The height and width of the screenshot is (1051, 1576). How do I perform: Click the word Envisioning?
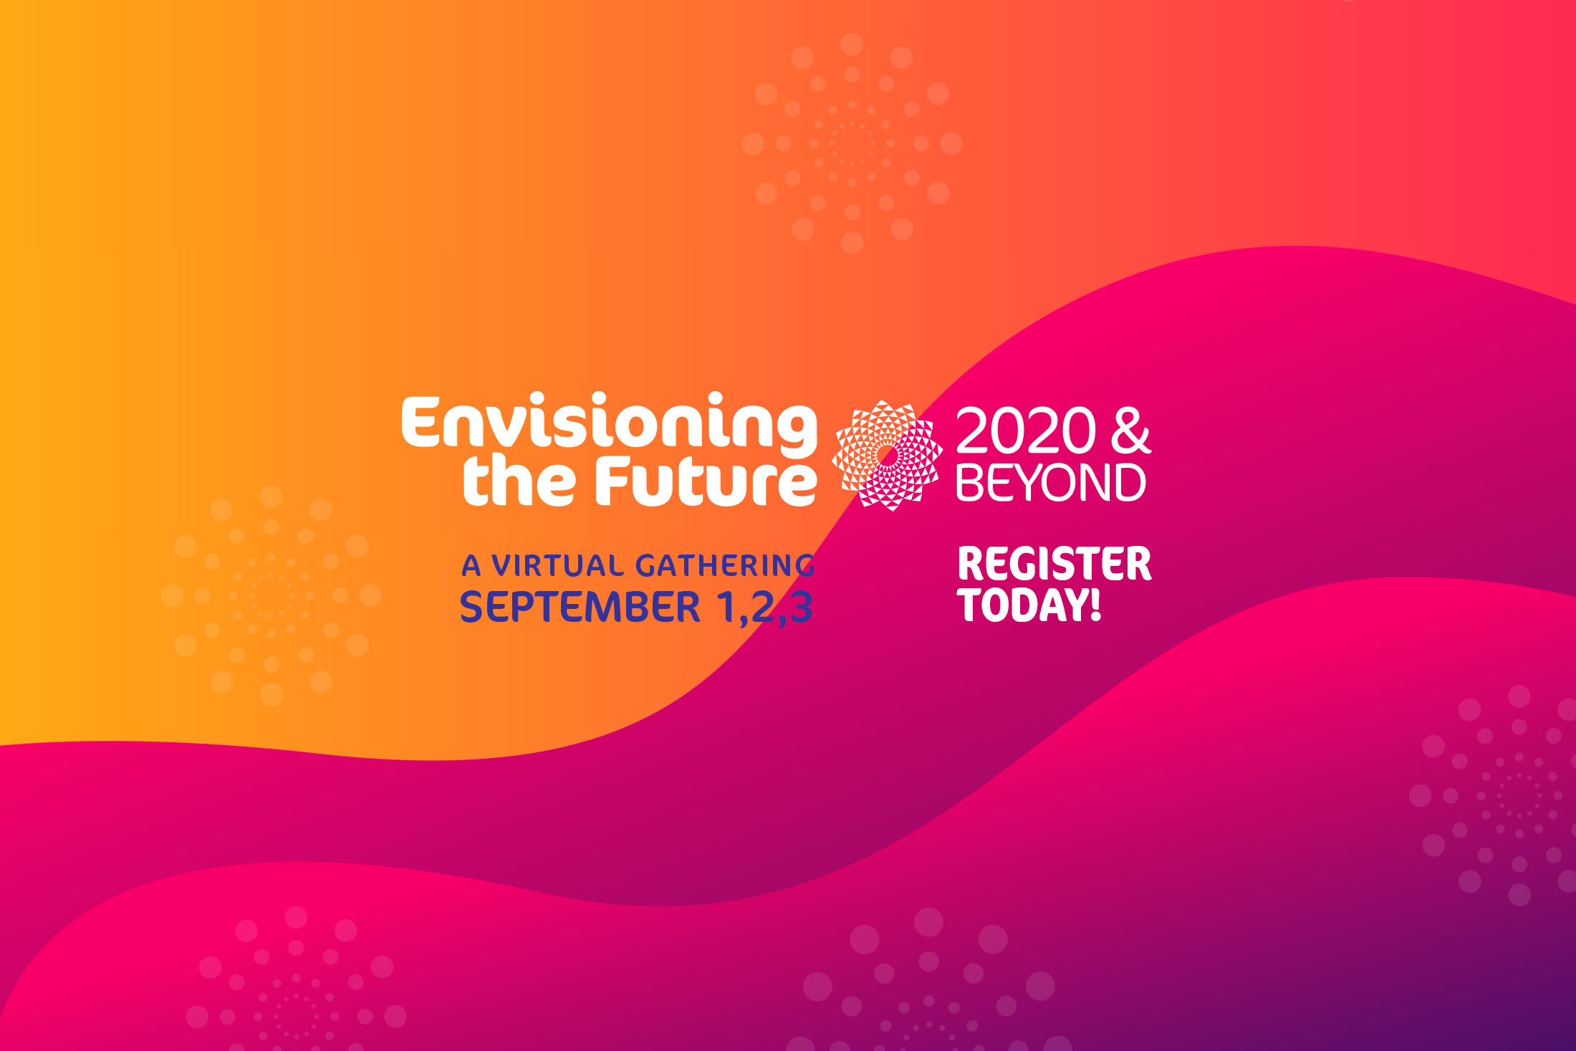609,424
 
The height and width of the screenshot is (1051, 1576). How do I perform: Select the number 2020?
1026,431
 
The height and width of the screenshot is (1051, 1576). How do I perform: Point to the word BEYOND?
1051,482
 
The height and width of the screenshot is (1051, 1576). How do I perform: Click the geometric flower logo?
887,455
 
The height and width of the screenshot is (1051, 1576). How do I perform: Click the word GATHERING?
725,566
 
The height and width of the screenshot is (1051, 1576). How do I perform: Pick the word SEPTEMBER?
580,607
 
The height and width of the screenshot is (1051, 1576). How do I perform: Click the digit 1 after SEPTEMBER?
726,607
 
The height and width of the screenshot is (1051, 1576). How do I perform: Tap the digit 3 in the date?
801,607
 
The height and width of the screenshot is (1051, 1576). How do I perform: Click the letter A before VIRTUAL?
471,566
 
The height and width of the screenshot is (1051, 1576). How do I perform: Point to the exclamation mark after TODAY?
1095,604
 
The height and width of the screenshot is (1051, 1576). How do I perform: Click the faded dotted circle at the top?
852,143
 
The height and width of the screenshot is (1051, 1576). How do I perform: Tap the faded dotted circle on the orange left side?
271,595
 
